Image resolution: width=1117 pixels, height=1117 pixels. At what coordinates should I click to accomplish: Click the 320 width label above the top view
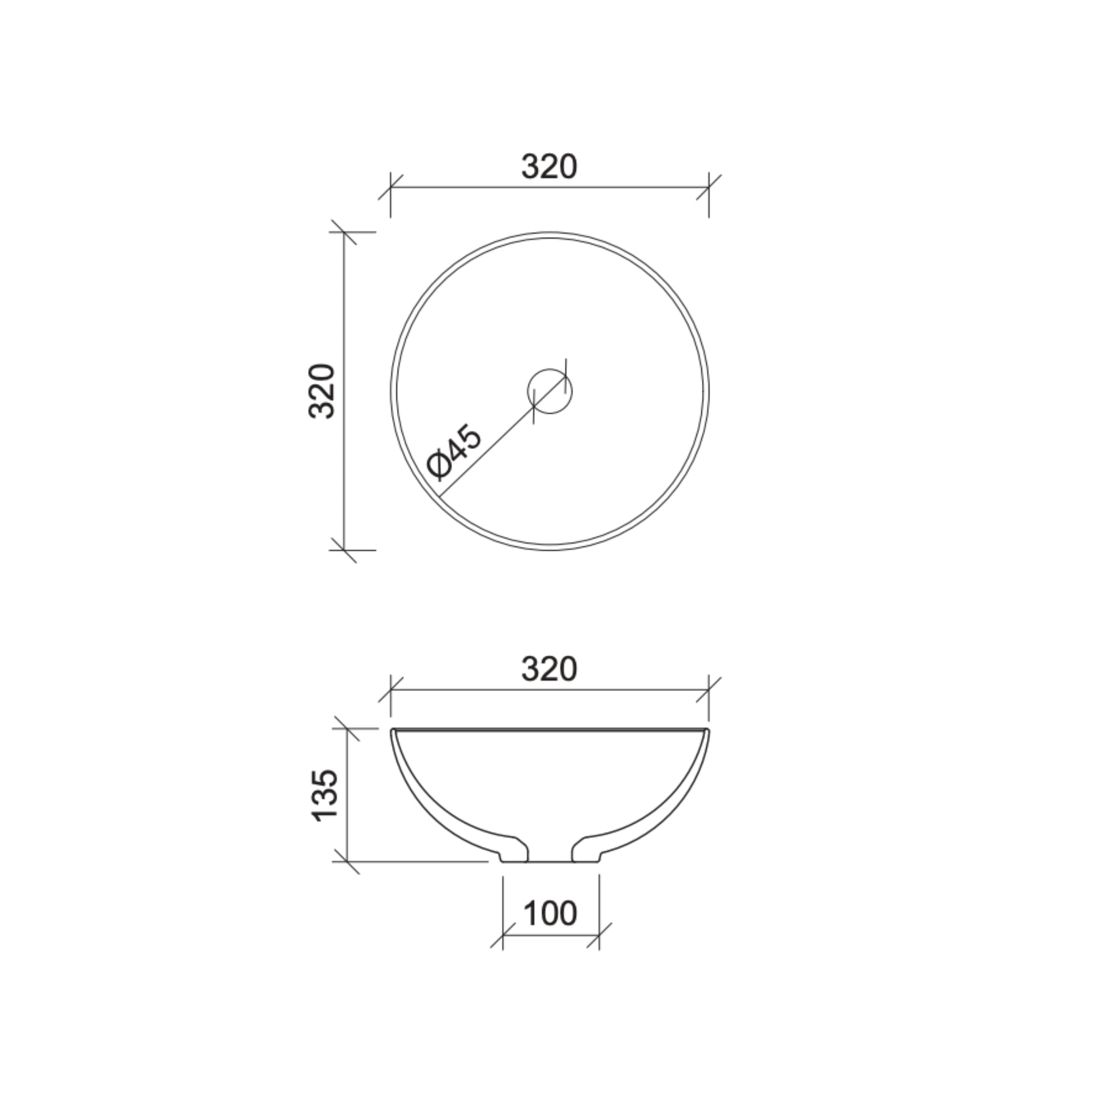pyautogui.click(x=549, y=167)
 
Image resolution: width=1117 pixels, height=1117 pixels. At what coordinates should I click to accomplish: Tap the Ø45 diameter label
pyautogui.click(x=454, y=452)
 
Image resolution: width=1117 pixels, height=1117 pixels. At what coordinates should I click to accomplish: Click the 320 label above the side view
pyautogui.click(x=549, y=670)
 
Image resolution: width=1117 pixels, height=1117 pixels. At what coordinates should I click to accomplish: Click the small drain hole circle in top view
pyautogui.click(x=549, y=391)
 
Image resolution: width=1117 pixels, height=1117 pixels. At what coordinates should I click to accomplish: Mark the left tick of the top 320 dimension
pyautogui.click(x=391, y=187)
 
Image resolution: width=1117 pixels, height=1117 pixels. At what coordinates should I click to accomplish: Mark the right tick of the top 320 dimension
pyautogui.click(x=709, y=187)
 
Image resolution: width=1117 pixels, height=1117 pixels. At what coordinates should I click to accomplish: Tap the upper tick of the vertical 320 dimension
pyautogui.click(x=344, y=232)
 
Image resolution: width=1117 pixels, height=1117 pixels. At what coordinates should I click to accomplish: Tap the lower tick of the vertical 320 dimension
pyautogui.click(x=344, y=550)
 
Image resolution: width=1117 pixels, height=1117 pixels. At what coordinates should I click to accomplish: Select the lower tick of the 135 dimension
pyautogui.click(x=347, y=861)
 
